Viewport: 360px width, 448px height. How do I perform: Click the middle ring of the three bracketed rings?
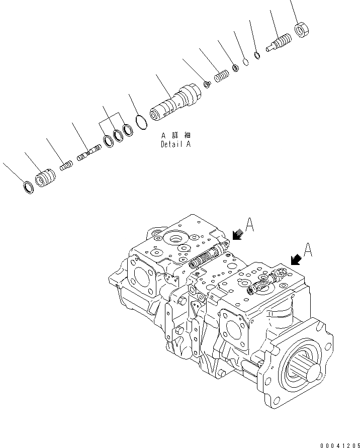tap(119, 134)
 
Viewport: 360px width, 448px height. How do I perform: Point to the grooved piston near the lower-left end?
tap(45, 178)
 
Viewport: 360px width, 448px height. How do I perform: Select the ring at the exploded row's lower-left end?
tap(29, 188)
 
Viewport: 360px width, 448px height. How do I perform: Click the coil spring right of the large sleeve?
tap(221, 76)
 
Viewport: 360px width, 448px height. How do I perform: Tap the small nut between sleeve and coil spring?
tap(206, 84)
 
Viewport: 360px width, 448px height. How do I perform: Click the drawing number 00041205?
tap(339, 444)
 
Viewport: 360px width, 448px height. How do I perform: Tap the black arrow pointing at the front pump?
tap(296, 259)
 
